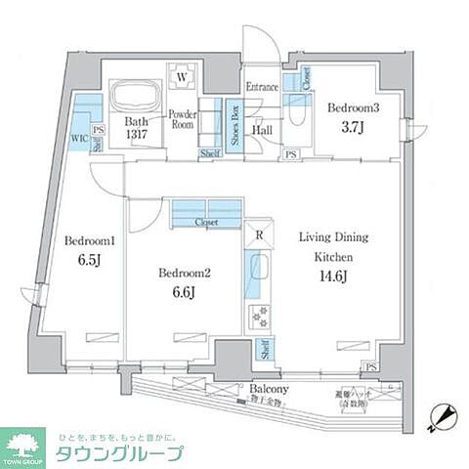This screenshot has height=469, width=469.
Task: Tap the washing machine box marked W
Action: coord(182,75)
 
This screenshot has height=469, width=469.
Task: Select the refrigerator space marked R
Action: coord(258,235)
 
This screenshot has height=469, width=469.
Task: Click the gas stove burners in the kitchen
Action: coord(261,316)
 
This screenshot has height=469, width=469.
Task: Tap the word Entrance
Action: coord(262,87)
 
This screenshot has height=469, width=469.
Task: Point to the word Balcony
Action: coord(267,386)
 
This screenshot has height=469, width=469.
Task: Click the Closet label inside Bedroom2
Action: coord(206,223)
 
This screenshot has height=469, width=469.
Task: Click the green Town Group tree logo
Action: coord(26,446)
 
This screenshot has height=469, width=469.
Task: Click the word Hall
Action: coord(264,129)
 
